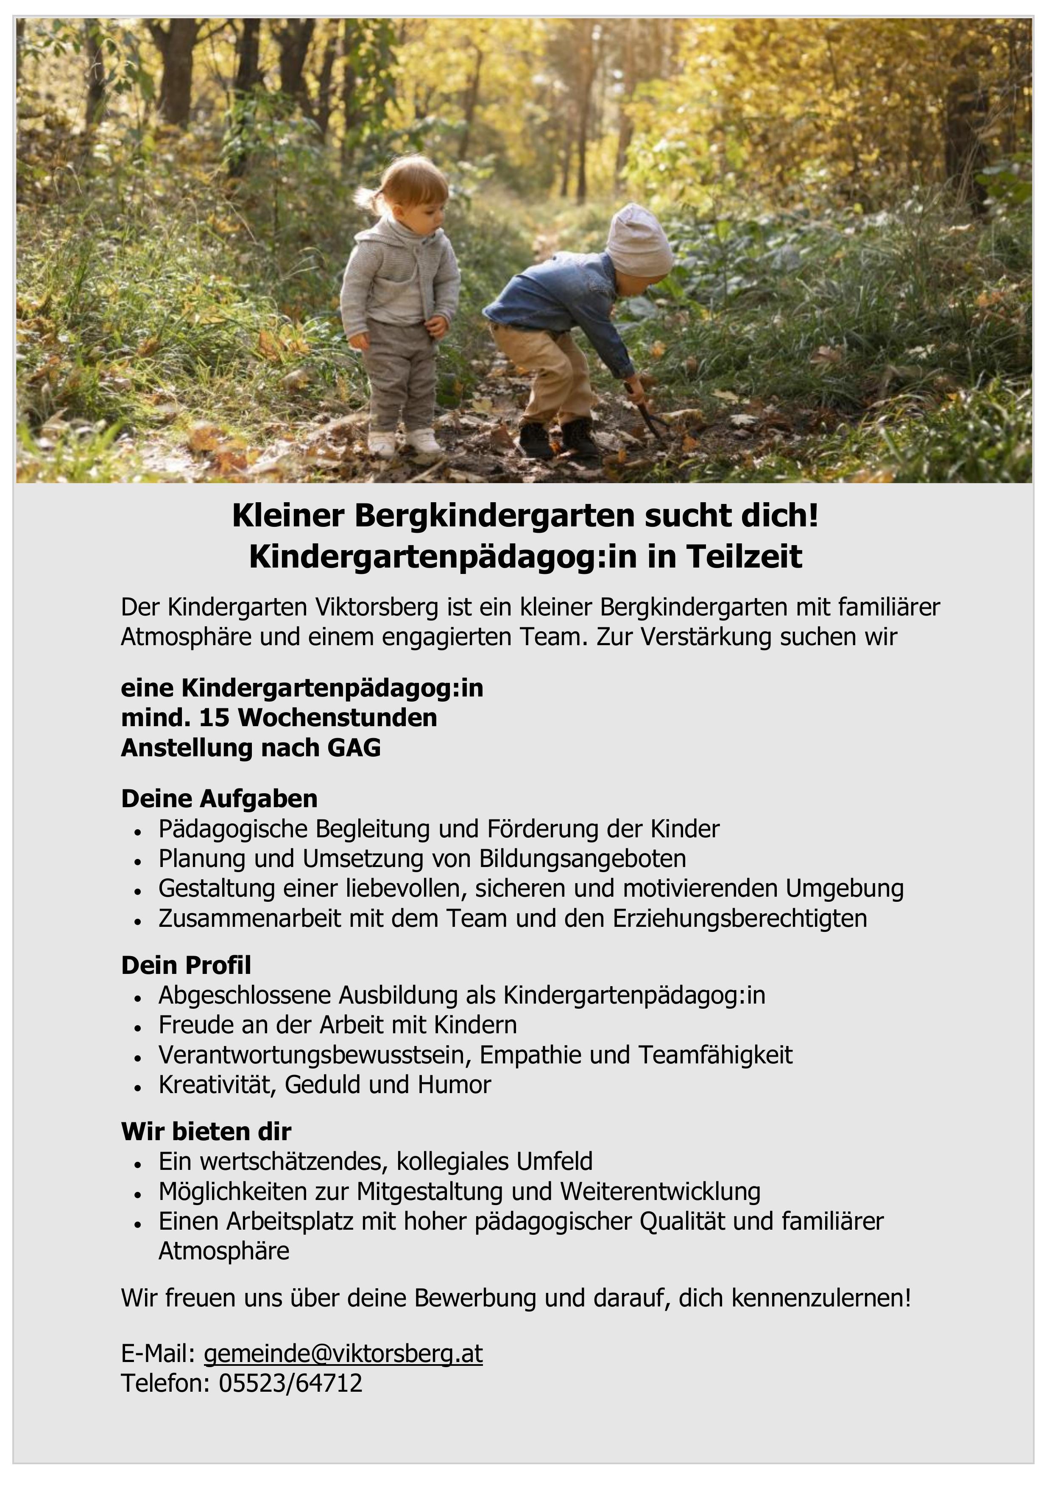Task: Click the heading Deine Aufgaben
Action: coord(219,799)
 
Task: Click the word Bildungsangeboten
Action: coord(582,858)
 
